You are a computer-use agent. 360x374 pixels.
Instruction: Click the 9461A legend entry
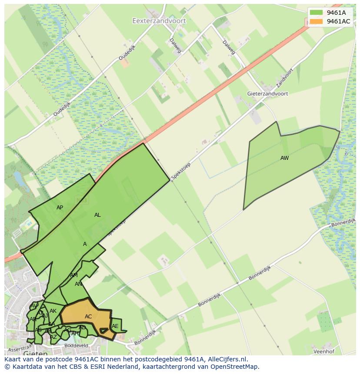(336, 13)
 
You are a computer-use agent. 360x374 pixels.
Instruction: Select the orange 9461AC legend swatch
(317, 21)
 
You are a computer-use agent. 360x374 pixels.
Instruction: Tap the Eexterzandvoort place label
(159, 20)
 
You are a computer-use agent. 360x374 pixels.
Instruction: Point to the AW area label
(284, 158)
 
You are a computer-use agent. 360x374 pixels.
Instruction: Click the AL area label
(97, 215)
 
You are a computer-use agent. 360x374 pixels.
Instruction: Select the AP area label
(60, 208)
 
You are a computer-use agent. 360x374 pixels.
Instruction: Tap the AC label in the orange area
(88, 317)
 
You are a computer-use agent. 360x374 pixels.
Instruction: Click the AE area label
(115, 326)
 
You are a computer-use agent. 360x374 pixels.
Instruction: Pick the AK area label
(53, 311)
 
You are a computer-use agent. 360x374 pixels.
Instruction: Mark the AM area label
(74, 275)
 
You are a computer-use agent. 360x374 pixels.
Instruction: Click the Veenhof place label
(324, 351)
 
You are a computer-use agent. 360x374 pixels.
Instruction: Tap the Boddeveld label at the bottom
(76, 346)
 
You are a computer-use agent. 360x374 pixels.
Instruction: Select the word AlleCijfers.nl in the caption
(226, 359)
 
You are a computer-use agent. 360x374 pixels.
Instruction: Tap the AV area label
(34, 306)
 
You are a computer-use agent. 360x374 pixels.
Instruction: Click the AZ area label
(53, 337)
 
